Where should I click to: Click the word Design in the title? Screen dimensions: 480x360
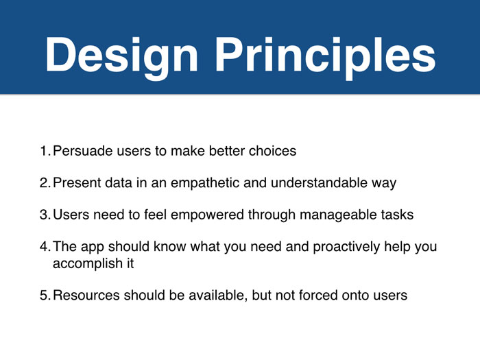click(122, 56)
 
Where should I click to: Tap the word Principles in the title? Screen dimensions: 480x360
click(326, 56)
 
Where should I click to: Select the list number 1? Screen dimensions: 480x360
click(45, 151)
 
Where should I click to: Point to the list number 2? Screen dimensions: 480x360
click(45, 183)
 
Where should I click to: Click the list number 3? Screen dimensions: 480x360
click(45, 215)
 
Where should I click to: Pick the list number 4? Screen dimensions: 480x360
click(45, 246)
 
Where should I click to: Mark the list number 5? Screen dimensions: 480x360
click(45, 296)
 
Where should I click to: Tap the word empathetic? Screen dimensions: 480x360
click(205, 183)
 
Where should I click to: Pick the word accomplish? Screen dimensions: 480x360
click(88, 264)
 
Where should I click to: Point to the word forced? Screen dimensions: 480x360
click(317, 296)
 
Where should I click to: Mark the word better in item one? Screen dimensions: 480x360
click(227, 151)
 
